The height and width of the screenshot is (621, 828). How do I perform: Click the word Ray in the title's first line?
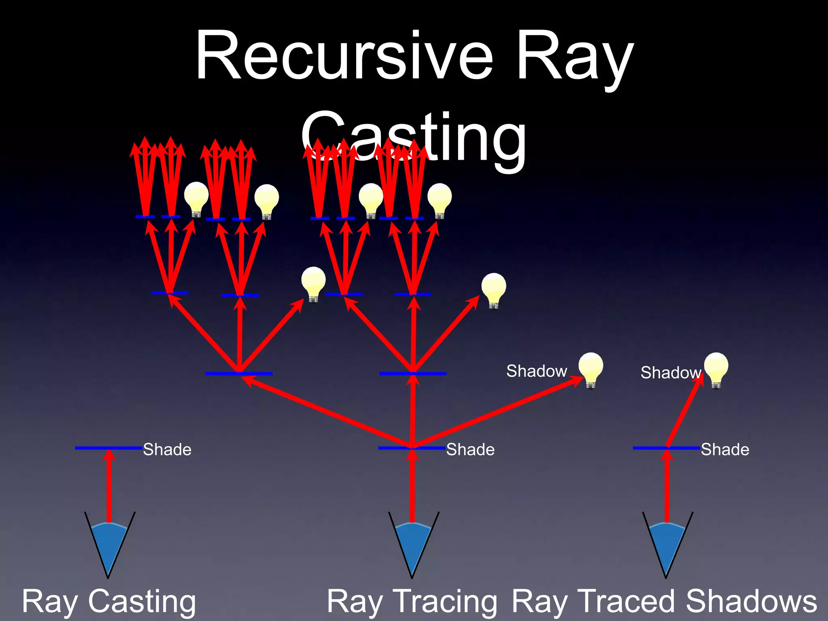(574, 57)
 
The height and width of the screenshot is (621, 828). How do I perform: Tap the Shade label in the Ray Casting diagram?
(167, 450)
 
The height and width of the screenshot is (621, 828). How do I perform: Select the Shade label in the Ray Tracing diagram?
(470, 450)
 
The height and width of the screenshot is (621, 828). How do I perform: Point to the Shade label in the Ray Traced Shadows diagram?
(725, 450)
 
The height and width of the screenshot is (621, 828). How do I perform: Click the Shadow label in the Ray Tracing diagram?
(537, 371)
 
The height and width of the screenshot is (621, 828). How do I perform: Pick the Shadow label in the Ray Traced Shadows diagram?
(670, 373)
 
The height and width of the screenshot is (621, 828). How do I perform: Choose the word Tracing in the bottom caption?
(445, 602)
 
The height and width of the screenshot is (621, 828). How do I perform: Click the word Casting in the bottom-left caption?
(142, 602)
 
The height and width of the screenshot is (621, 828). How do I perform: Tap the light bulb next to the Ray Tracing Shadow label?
(591, 369)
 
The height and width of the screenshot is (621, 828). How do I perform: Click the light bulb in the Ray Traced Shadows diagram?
(716, 369)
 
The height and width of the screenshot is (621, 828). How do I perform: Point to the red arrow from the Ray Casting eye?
(109, 485)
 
